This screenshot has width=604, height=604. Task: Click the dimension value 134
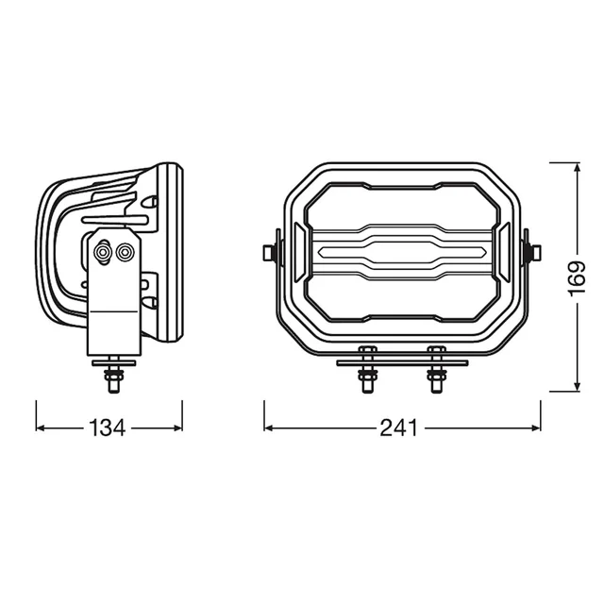(107, 428)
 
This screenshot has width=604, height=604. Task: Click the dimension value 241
(398, 428)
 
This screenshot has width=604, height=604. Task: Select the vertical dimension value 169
(577, 279)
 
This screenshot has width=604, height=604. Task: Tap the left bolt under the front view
(367, 369)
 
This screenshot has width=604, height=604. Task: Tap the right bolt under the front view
(437, 369)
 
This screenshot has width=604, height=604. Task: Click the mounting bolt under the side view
(114, 375)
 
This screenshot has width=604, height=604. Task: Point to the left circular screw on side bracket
(103, 252)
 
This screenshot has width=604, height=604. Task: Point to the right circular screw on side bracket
(125, 252)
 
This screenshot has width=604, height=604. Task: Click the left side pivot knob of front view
(271, 252)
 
